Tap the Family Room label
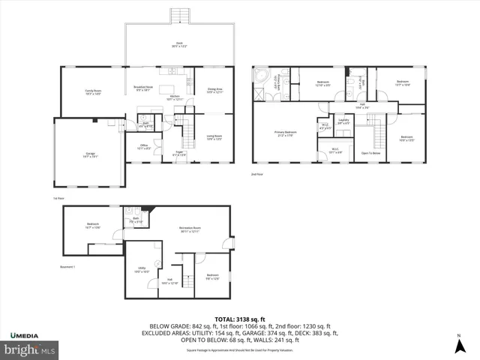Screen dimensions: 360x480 point(93,93)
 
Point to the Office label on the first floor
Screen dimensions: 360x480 point(144,147)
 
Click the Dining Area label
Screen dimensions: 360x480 point(214,91)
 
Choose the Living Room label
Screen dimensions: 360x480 point(214,137)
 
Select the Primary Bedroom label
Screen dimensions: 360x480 point(286,133)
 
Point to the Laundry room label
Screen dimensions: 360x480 point(344,121)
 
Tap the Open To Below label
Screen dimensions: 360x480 point(370,152)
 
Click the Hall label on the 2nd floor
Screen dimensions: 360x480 point(361,106)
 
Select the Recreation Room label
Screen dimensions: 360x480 point(189,229)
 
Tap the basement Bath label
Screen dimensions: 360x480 point(136,221)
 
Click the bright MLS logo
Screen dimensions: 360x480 point(30,349)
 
